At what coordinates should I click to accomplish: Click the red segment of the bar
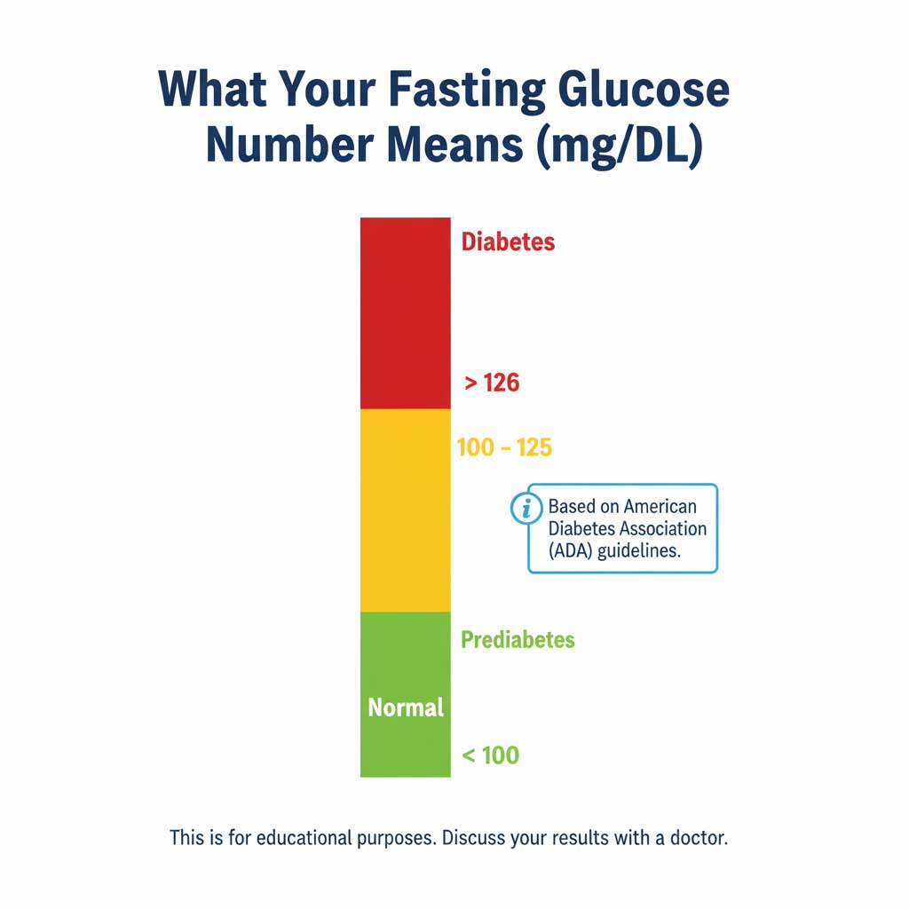click(405, 312)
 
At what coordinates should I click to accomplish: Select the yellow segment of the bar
click(405, 510)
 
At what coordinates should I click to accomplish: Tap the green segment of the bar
click(405, 657)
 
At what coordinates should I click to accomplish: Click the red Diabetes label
click(508, 242)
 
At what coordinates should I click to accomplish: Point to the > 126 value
click(492, 383)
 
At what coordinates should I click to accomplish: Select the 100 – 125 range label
click(504, 447)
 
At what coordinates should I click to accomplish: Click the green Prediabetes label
click(518, 640)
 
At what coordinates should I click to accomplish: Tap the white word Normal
click(406, 708)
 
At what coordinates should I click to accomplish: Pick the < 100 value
click(490, 756)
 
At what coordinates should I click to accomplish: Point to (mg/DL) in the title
click(619, 147)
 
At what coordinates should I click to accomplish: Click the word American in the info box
click(660, 507)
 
